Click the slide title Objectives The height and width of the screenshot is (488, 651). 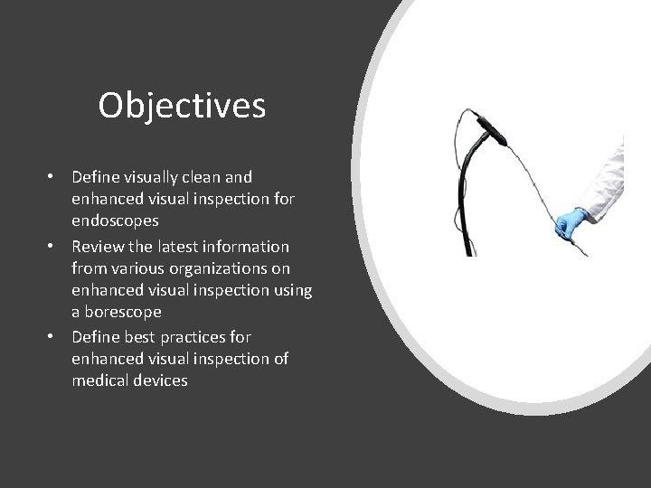tap(182, 106)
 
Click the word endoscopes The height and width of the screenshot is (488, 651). tap(115, 221)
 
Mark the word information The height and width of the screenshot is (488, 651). tap(249, 246)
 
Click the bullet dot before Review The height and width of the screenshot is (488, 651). tap(54, 246)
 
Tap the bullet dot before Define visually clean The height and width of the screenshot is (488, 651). tap(54, 177)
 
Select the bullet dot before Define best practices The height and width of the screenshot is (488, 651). tap(54, 337)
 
